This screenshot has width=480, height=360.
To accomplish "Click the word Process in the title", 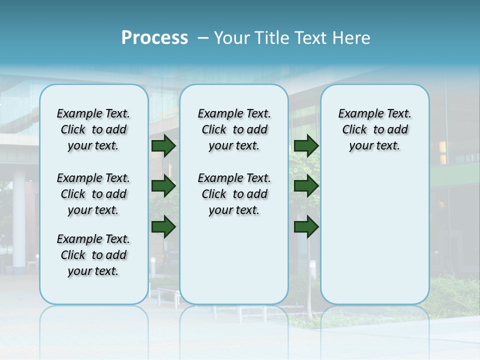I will point(154,38).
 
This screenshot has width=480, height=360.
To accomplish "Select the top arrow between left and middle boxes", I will point(163,145).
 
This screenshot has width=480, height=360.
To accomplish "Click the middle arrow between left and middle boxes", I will point(163,186).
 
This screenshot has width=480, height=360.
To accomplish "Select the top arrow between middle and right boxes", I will point(306,145).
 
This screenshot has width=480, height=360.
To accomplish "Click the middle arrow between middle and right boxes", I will point(306,186).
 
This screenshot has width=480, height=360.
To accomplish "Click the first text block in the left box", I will point(93,129).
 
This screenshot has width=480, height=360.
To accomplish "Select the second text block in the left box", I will point(93,194).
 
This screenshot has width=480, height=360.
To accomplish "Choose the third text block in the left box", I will point(93,255).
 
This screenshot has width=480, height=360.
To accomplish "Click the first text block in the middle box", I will point(234,129).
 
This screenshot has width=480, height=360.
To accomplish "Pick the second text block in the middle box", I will point(234,194).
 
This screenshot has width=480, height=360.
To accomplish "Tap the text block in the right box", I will point(374,129).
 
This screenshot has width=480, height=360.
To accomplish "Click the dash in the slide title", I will point(203,38).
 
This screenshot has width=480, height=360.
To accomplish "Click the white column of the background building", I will point(19,220).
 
